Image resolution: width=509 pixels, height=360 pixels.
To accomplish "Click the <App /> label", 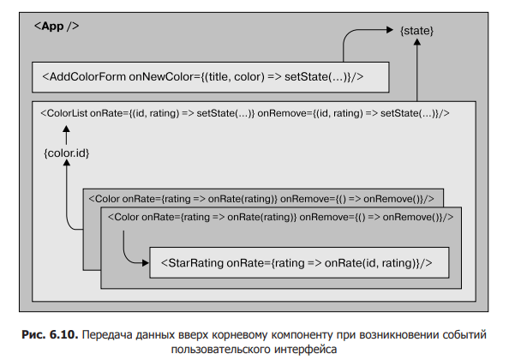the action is click(57, 26).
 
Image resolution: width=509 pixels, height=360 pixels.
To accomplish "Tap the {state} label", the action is click(416, 31).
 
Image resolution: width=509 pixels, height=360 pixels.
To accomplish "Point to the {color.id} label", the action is click(67, 153).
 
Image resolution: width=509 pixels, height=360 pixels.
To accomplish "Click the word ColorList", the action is click(67, 113).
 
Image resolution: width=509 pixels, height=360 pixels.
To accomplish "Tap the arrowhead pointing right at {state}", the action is click(390, 30).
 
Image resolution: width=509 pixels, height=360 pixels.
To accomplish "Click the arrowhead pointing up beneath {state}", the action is click(417, 42).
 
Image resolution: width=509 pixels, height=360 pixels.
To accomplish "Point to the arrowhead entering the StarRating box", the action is click(146, 263).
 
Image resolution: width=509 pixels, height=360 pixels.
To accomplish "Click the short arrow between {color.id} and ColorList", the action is click(66, 135).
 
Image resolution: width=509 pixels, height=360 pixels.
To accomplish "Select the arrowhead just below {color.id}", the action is click(67, 163).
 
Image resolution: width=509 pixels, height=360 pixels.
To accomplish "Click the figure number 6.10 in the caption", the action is click(63, 334).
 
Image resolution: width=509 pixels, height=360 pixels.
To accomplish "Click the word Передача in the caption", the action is click(107, 334).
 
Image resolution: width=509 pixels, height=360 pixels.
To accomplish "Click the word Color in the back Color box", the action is click(107, 199).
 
